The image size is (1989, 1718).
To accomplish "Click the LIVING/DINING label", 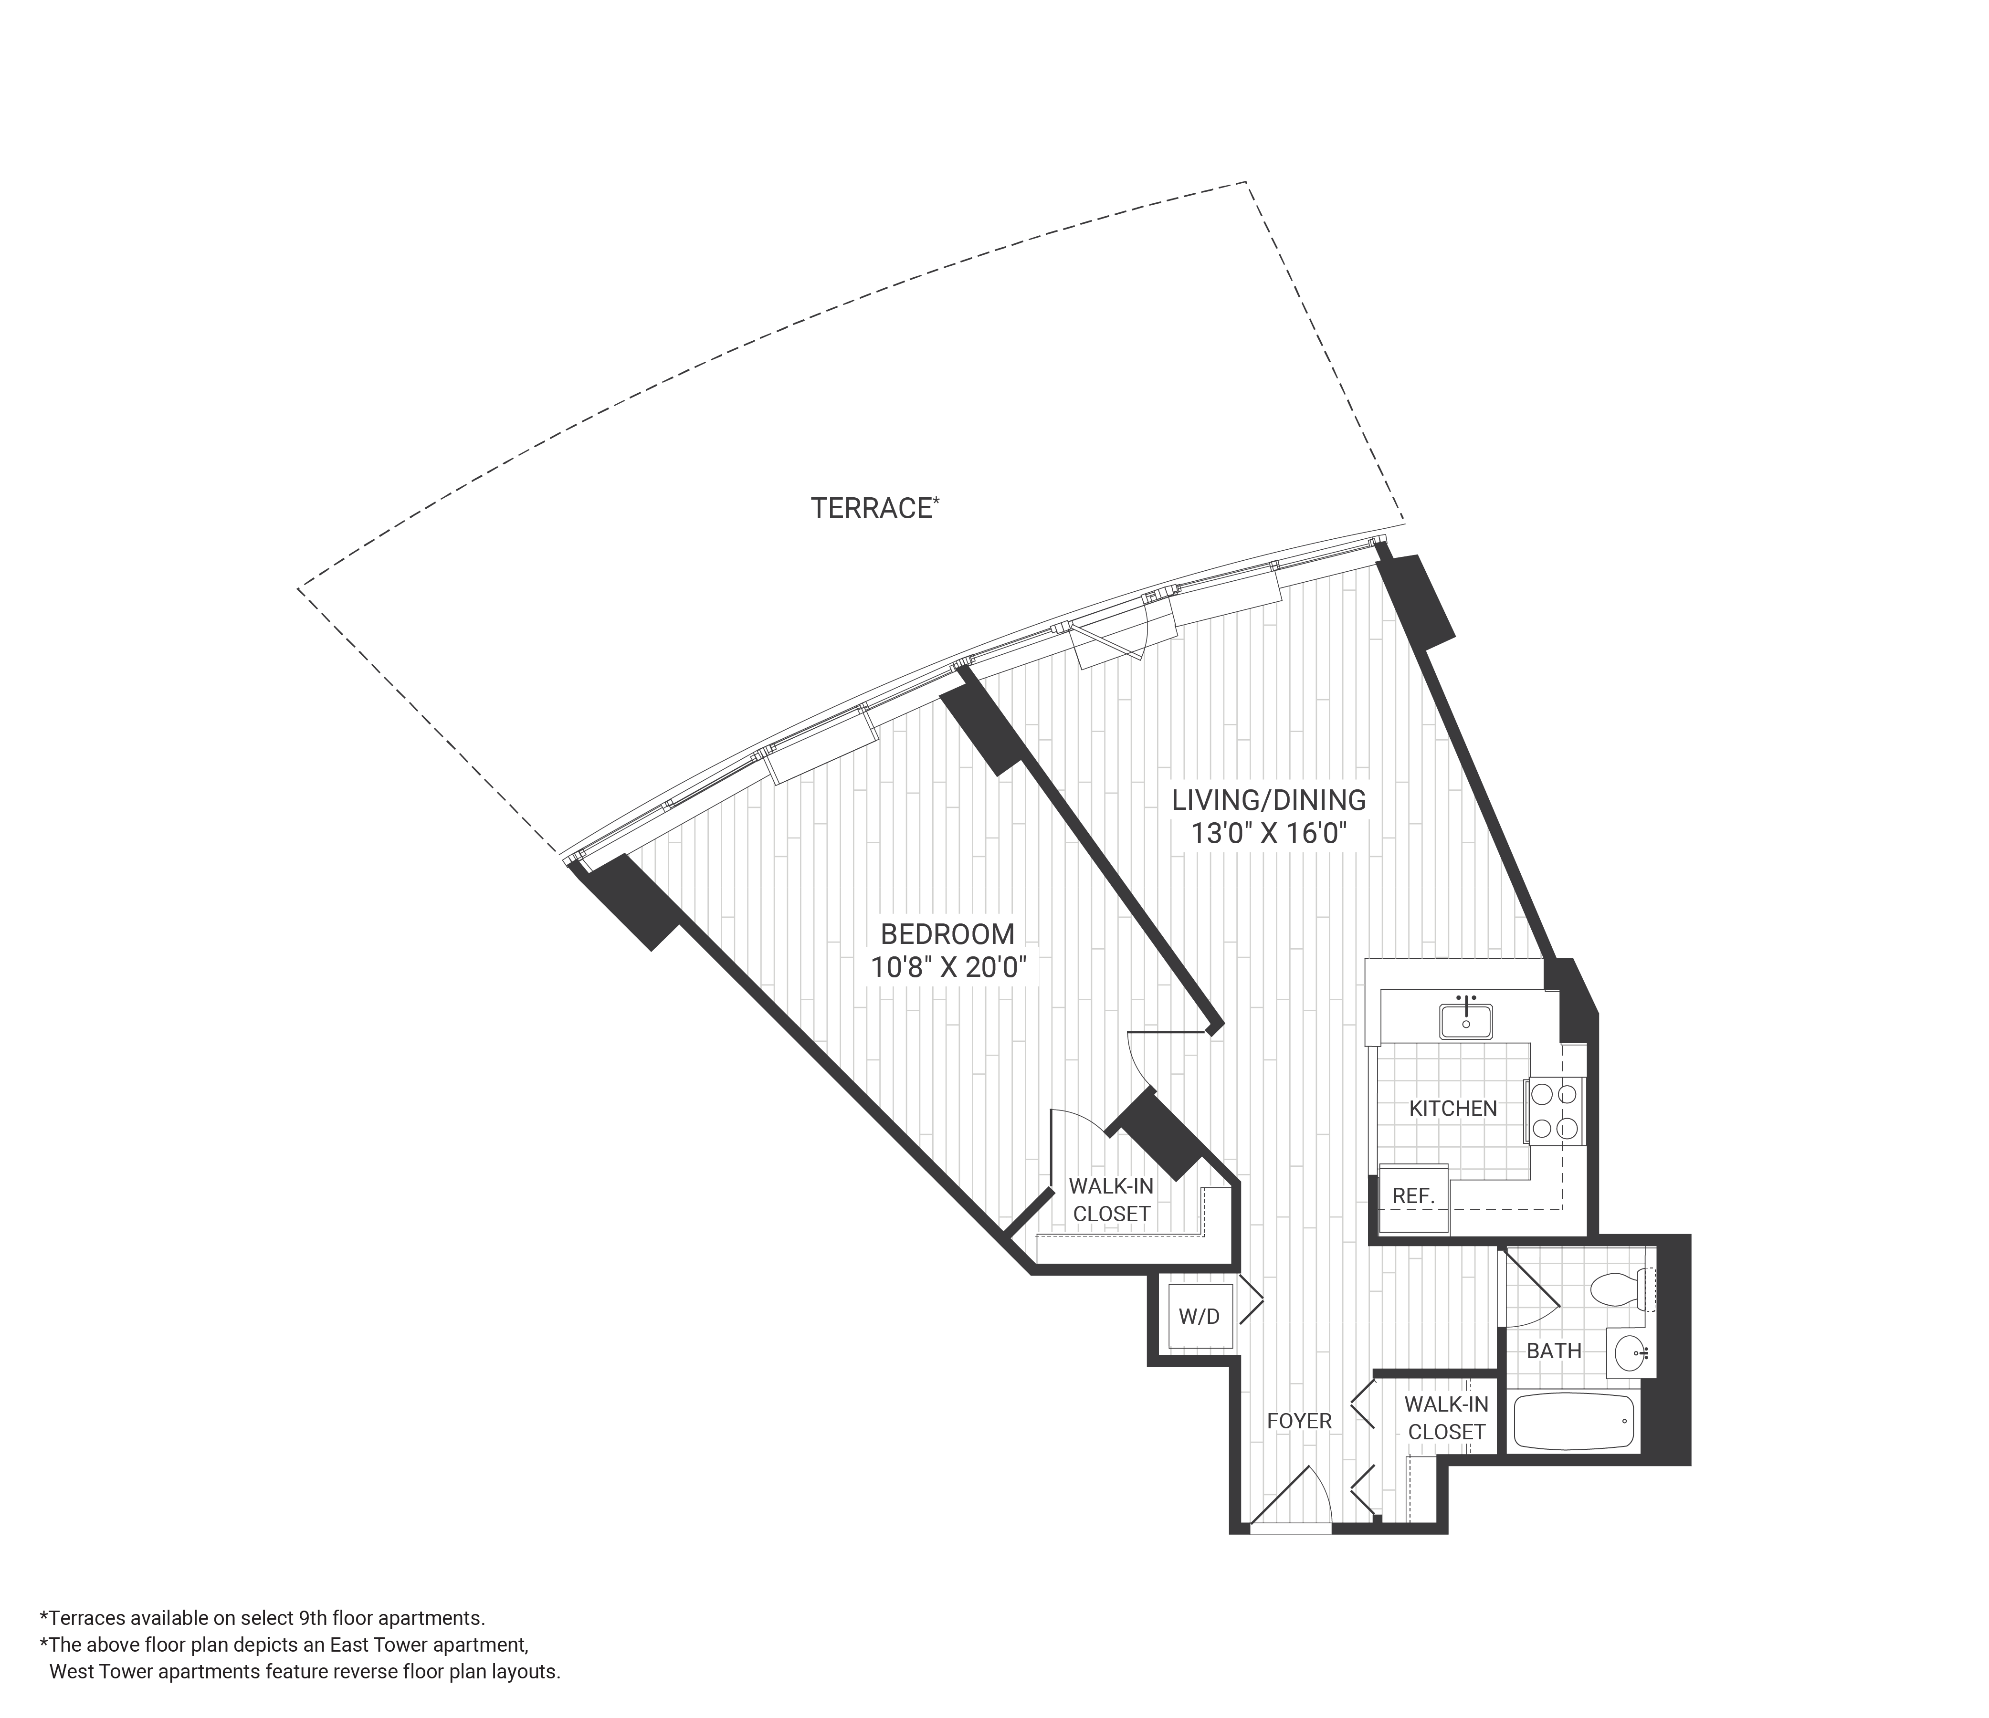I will point(1268,799).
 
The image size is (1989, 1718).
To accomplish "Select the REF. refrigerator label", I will point(1413,1197).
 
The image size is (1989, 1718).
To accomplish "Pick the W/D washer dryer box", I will point(1199,1317).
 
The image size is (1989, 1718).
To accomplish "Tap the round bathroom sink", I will point(1630,1353).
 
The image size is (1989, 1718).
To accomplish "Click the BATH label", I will point(1553,1351).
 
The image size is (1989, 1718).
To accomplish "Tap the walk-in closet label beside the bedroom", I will point(1111,1200).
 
